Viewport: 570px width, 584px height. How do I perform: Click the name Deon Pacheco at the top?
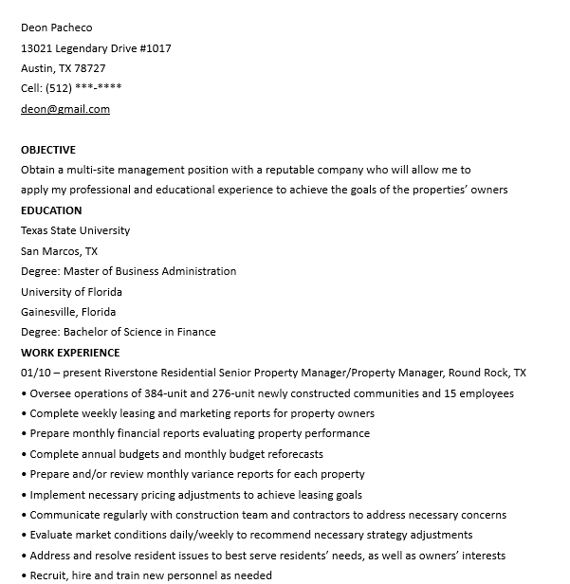coord(57,27)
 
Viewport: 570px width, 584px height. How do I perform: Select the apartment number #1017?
coord(156,48)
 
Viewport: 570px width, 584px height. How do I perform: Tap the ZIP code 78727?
coord(90,68)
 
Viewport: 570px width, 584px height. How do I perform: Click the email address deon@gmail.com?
coord(65,109)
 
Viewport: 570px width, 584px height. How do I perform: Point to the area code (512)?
coord(58,88)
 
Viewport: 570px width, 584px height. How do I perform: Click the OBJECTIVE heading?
coord(48,150)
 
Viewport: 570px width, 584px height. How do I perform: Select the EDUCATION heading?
coord(51,210)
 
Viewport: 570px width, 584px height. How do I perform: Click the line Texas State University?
coord(76,230)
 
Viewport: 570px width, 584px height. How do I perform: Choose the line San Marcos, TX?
coord(59,251)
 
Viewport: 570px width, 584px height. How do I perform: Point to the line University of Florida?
coord(71,292)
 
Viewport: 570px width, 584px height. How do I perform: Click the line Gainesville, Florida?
coord(68,312)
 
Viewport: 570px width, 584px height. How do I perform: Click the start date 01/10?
coord(35,373)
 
